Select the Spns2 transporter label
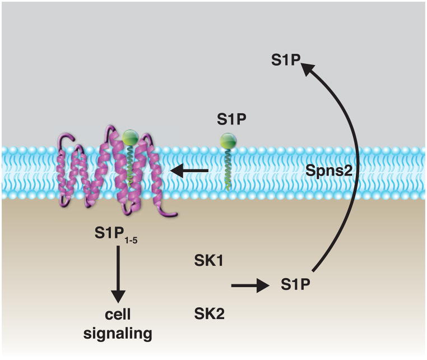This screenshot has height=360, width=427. [x=329, y=172]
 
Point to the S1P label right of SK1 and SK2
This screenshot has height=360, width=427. [x=296, y=285]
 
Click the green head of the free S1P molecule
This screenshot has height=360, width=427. [x=228, y=140]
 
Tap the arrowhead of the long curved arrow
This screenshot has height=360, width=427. [x=307, y=71]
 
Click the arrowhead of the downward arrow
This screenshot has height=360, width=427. [x=118, y=294]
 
